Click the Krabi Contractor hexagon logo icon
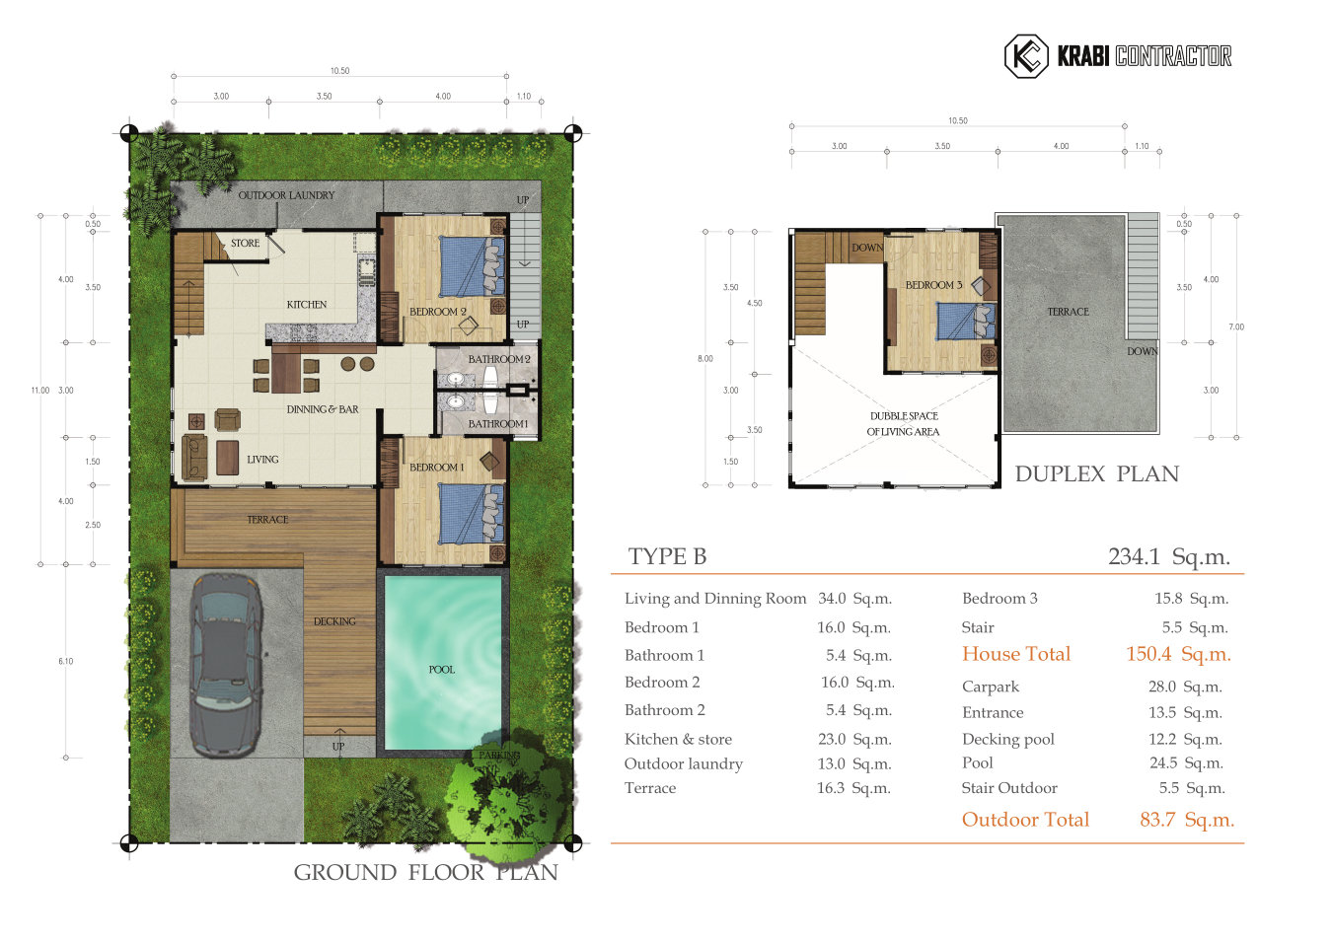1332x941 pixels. pos(1025,56)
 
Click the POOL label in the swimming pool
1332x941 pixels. pos(441,670)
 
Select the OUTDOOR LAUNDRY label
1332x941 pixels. pos(286,195)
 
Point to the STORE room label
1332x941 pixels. pos(245,243)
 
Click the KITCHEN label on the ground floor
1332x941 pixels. pos(307,305)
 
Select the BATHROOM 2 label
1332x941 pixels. pos(498,359)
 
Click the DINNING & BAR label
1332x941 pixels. pos(323,409)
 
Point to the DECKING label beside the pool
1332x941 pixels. pos(334,621)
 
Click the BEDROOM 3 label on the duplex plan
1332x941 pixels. pos(933,285)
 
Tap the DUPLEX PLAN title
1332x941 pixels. pos(1096,474)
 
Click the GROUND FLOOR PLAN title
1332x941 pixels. pos(425,873)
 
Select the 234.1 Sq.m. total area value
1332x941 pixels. pos(1168,557)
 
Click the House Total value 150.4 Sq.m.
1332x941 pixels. pos(1178,654)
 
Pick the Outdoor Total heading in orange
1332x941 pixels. pos(1025,820)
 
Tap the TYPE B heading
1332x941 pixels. pos(667,557)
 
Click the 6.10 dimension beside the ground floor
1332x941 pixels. pos(65,662)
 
